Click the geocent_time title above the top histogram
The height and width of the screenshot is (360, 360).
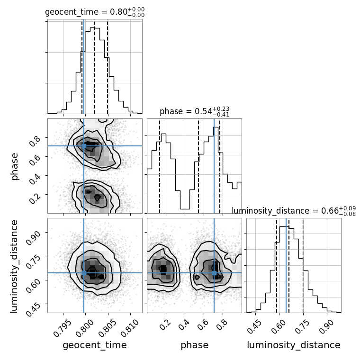[x=95, y=12]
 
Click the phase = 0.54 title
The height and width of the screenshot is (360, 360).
[x=194, y=111]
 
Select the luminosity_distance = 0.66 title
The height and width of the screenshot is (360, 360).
[x=294, y=211]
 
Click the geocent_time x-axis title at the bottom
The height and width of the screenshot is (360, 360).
[x=95, y=345]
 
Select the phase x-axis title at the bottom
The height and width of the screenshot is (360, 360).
[x=194, y=345]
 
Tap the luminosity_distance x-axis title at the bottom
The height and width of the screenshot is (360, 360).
[x=294, y=345]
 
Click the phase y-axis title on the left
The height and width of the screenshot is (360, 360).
[x=15, y=166]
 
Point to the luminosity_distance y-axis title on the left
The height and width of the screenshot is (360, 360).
[x=15, y=265]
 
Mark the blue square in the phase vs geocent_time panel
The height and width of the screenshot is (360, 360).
[x=84, y=146]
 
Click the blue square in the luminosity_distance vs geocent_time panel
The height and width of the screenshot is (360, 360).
[x=84, y=273]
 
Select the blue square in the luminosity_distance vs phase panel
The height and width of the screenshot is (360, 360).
[x=214, y=273]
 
